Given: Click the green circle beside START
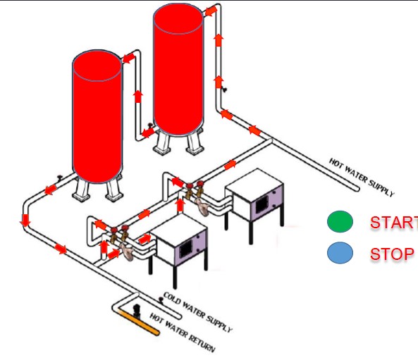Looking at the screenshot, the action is (340, 221).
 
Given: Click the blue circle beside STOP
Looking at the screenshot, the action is (340, 253).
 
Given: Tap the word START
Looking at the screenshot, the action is (394, 222).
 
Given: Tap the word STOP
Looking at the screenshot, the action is (392, 254).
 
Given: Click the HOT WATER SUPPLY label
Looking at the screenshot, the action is (362, 178).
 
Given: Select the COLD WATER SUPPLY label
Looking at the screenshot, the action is (197, 312).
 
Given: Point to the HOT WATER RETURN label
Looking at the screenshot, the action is (183, 332).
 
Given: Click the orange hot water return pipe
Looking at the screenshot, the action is (138, 323).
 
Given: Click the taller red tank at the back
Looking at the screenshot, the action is (178, 70).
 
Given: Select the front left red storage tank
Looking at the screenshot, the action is (97, 116).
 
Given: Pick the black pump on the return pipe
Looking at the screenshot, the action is (137, 311).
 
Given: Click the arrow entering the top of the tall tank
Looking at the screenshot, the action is (211, 11).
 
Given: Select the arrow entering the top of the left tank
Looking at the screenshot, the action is (129, 58).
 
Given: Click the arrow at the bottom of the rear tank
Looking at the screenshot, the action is (148, 132).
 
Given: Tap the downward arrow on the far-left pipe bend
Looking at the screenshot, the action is (25, 220).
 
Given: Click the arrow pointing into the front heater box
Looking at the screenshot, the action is (145, 239).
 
